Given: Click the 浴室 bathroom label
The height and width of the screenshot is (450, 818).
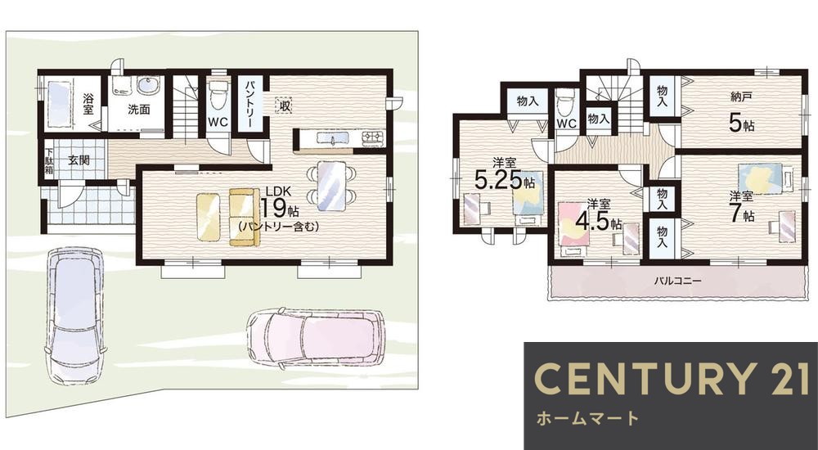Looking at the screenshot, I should click(x=88, y=109).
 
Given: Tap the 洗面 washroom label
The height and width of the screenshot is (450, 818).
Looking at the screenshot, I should click(x=137, y=109).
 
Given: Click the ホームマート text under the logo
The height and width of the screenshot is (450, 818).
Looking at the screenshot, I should click(x=587, y=419).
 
